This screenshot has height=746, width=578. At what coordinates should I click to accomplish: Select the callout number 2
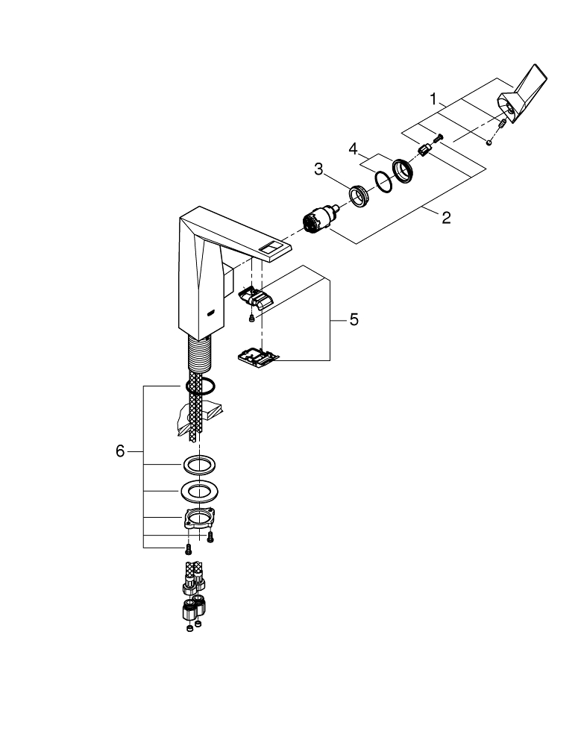coord(446,218)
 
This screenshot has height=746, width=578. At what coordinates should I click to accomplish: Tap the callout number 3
coord(318,169)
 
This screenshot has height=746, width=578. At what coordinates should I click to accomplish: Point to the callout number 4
coord(354,148)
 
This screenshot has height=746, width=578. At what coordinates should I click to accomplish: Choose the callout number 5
coord(354,319)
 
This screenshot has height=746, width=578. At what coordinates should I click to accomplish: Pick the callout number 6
coord(120,451)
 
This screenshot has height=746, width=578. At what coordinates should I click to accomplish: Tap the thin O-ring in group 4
coord(381,181)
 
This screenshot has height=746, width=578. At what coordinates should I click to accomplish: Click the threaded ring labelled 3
coord(358,197)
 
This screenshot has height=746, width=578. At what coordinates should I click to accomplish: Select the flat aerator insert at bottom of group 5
coord(257,357)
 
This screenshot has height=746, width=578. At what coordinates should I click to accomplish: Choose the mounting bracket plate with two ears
coord(198,519)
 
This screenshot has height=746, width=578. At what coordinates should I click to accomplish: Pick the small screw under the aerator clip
coord(251,319)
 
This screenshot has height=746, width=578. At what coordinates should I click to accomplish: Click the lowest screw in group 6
coord(188,550)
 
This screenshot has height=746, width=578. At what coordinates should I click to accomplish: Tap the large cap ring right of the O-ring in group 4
coord(403,170)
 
